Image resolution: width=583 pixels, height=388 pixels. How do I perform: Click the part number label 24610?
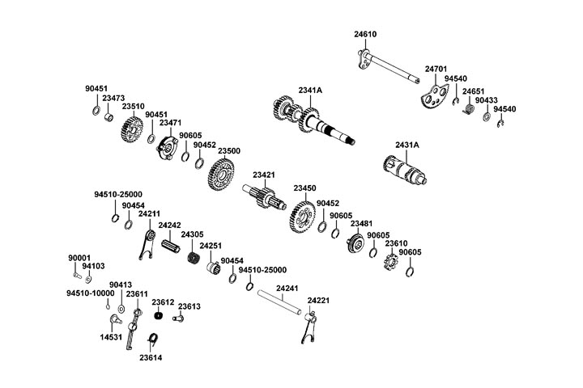click(365, 35)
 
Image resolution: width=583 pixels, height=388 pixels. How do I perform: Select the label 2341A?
click(310, 89)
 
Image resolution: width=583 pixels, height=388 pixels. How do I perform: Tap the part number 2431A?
click(407, 145)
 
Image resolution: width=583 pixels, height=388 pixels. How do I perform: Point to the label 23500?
click(229, 150)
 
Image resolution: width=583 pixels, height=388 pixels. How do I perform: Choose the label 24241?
click(287, 287)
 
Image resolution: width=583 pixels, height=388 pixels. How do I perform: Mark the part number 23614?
click(151, 356)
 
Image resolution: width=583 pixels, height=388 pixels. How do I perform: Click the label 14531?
click(112, 336)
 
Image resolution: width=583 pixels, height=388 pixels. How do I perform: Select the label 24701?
click(436, 70)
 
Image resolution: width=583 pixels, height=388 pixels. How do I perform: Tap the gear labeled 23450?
click(302, 216)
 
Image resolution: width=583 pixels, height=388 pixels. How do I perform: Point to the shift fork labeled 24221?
click(310, 328)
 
